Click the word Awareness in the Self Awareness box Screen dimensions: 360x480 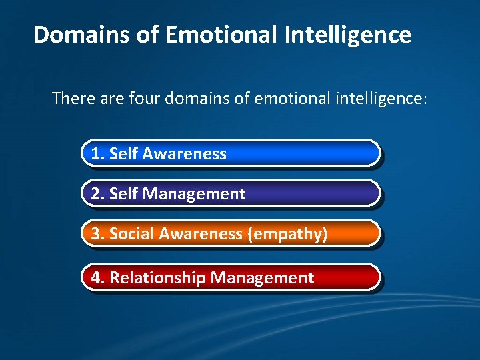tap(185, 154)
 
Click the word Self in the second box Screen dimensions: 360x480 tap(123, 194)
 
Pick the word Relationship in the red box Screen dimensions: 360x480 tap(157, 278)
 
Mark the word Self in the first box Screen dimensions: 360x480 tap(123, 154)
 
